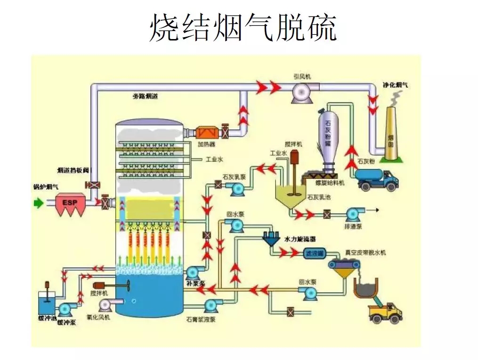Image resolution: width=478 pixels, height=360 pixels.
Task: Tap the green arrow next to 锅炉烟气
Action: (38, 203)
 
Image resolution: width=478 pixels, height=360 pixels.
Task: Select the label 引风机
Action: (302, 76)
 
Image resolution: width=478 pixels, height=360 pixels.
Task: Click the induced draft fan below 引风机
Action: (301, 92)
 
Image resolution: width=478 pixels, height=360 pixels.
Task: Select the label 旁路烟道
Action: (146, 96)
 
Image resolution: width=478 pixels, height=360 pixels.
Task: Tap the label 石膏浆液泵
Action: (201, 319)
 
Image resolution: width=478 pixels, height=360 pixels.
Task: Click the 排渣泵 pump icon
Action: (352, 215)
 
